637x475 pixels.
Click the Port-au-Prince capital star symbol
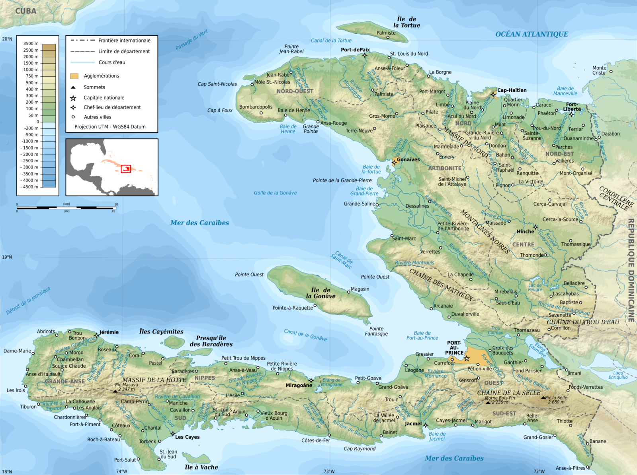click(x=467, y=359)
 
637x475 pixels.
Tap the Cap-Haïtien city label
click(x=512, y=90)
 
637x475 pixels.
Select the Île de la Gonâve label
click(x=321, y=293)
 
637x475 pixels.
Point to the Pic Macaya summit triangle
click(x=115, y=392)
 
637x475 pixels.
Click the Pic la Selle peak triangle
click(x=543, y=397)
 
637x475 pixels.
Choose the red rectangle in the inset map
click(x=126, y=169)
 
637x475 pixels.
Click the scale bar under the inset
click(x=67, y=207)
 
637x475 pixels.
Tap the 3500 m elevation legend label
click(x=31, y=44)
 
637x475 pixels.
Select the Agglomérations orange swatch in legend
click(x=74, y=76)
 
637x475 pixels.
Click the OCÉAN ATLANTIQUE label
click(x=531, y=34)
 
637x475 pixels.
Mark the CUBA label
click(x=25, y=11)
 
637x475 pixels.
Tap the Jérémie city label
click(x=109, y=332)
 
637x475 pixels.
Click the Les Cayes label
click(x=187, y=437)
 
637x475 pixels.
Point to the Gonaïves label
click(x=408, y=159)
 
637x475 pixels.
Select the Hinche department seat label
click(x=525, y=231)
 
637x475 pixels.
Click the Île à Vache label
click(x=201, y=467)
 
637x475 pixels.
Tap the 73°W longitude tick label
click(x=329, y=471)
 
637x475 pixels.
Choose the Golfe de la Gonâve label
click(x=275, y=193)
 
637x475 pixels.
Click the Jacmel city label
click(x=413, y=424)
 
